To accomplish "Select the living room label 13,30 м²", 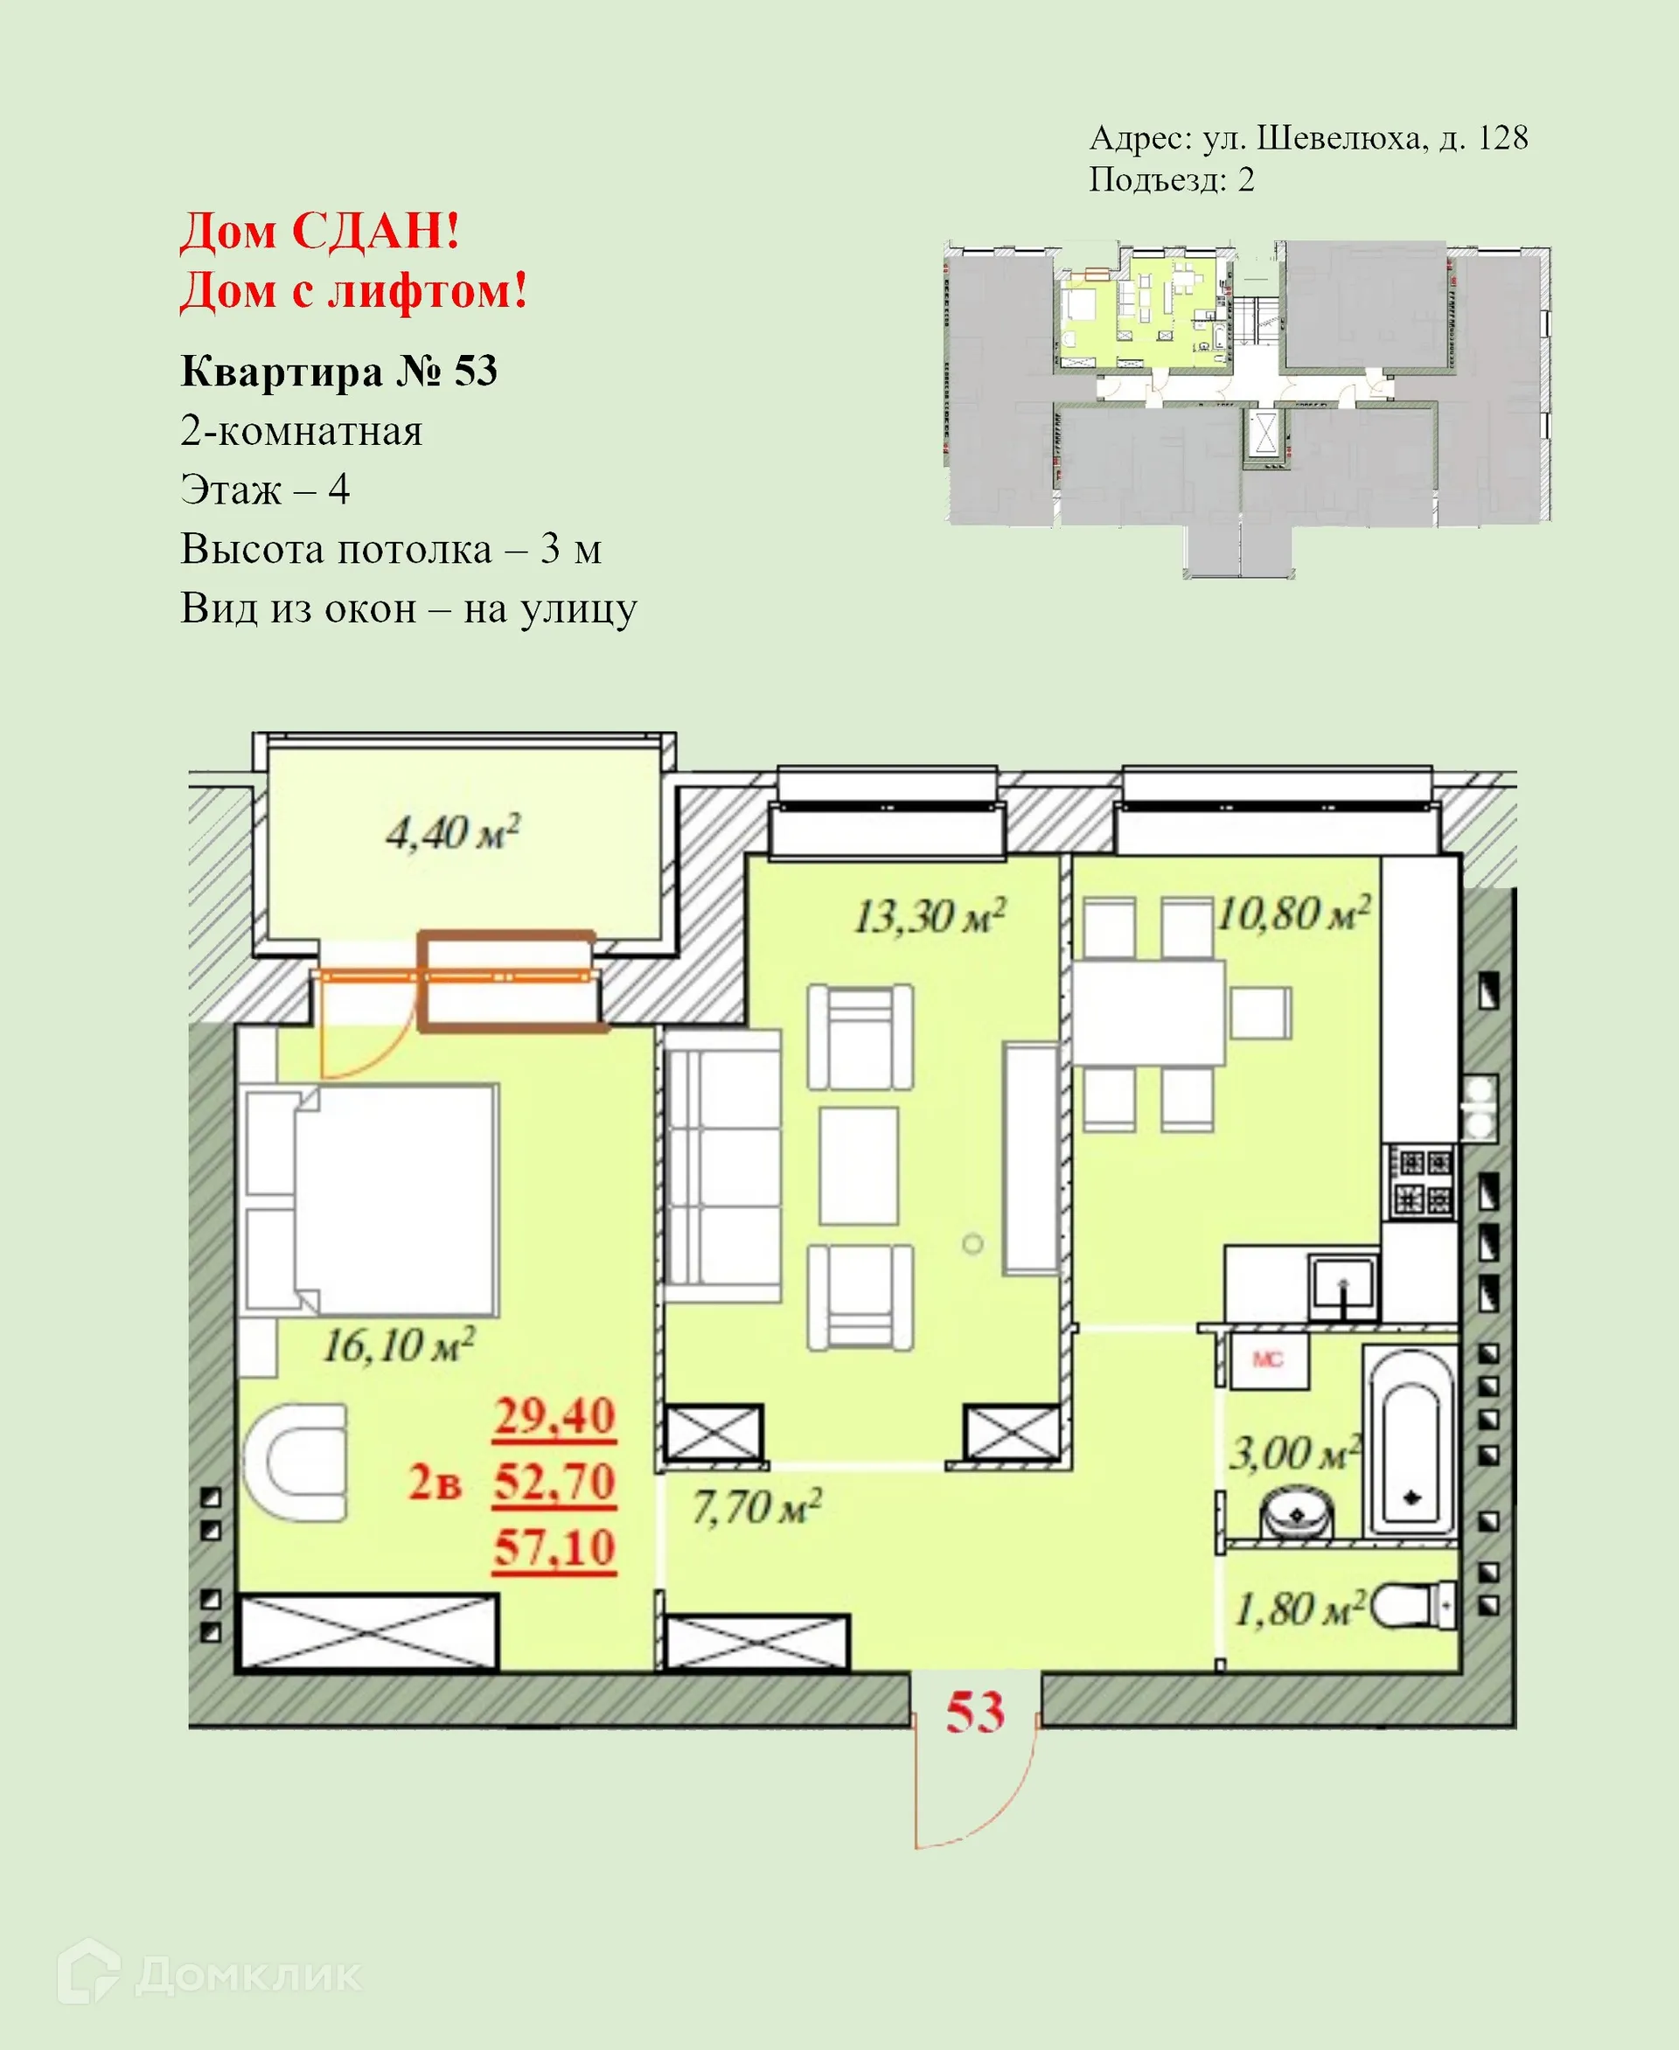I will tap(929, 916).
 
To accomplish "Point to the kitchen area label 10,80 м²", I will tap(1292, 913).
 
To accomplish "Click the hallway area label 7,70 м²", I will tap(756, 1506).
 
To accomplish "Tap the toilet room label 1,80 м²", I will tap(1299, 1610).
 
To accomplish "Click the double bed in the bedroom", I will tap(373, 1199).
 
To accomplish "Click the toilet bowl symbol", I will tap(1414, 1606).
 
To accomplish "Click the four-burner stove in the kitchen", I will tap(1422, 1183).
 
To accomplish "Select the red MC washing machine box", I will tap(1268, 1360).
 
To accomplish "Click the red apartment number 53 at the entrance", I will tap(975, 1713).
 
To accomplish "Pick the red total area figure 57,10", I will tap(554, 1548).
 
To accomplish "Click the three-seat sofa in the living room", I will tap(722, 1167).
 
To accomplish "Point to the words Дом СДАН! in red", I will tap(320, 232).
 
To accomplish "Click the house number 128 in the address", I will tap(1502, 138).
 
